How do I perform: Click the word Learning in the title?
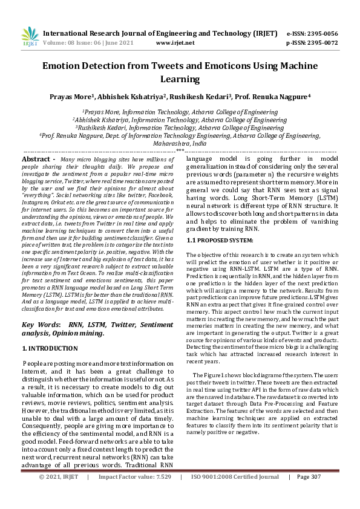point(180,79)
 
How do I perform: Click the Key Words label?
point(40,325)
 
